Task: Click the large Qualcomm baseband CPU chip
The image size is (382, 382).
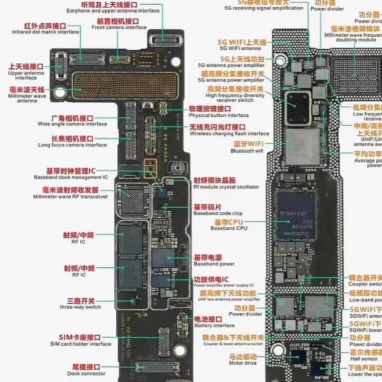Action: (x=297, y=214)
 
